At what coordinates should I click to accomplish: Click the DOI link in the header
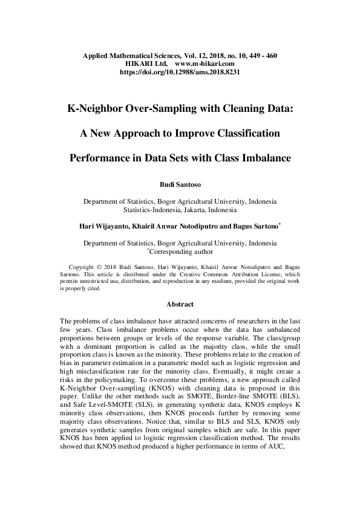click(x=180, y=71)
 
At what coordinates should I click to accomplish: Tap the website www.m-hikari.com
click(x=205, y=63)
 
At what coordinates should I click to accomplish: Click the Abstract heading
click(x=180, y=305)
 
